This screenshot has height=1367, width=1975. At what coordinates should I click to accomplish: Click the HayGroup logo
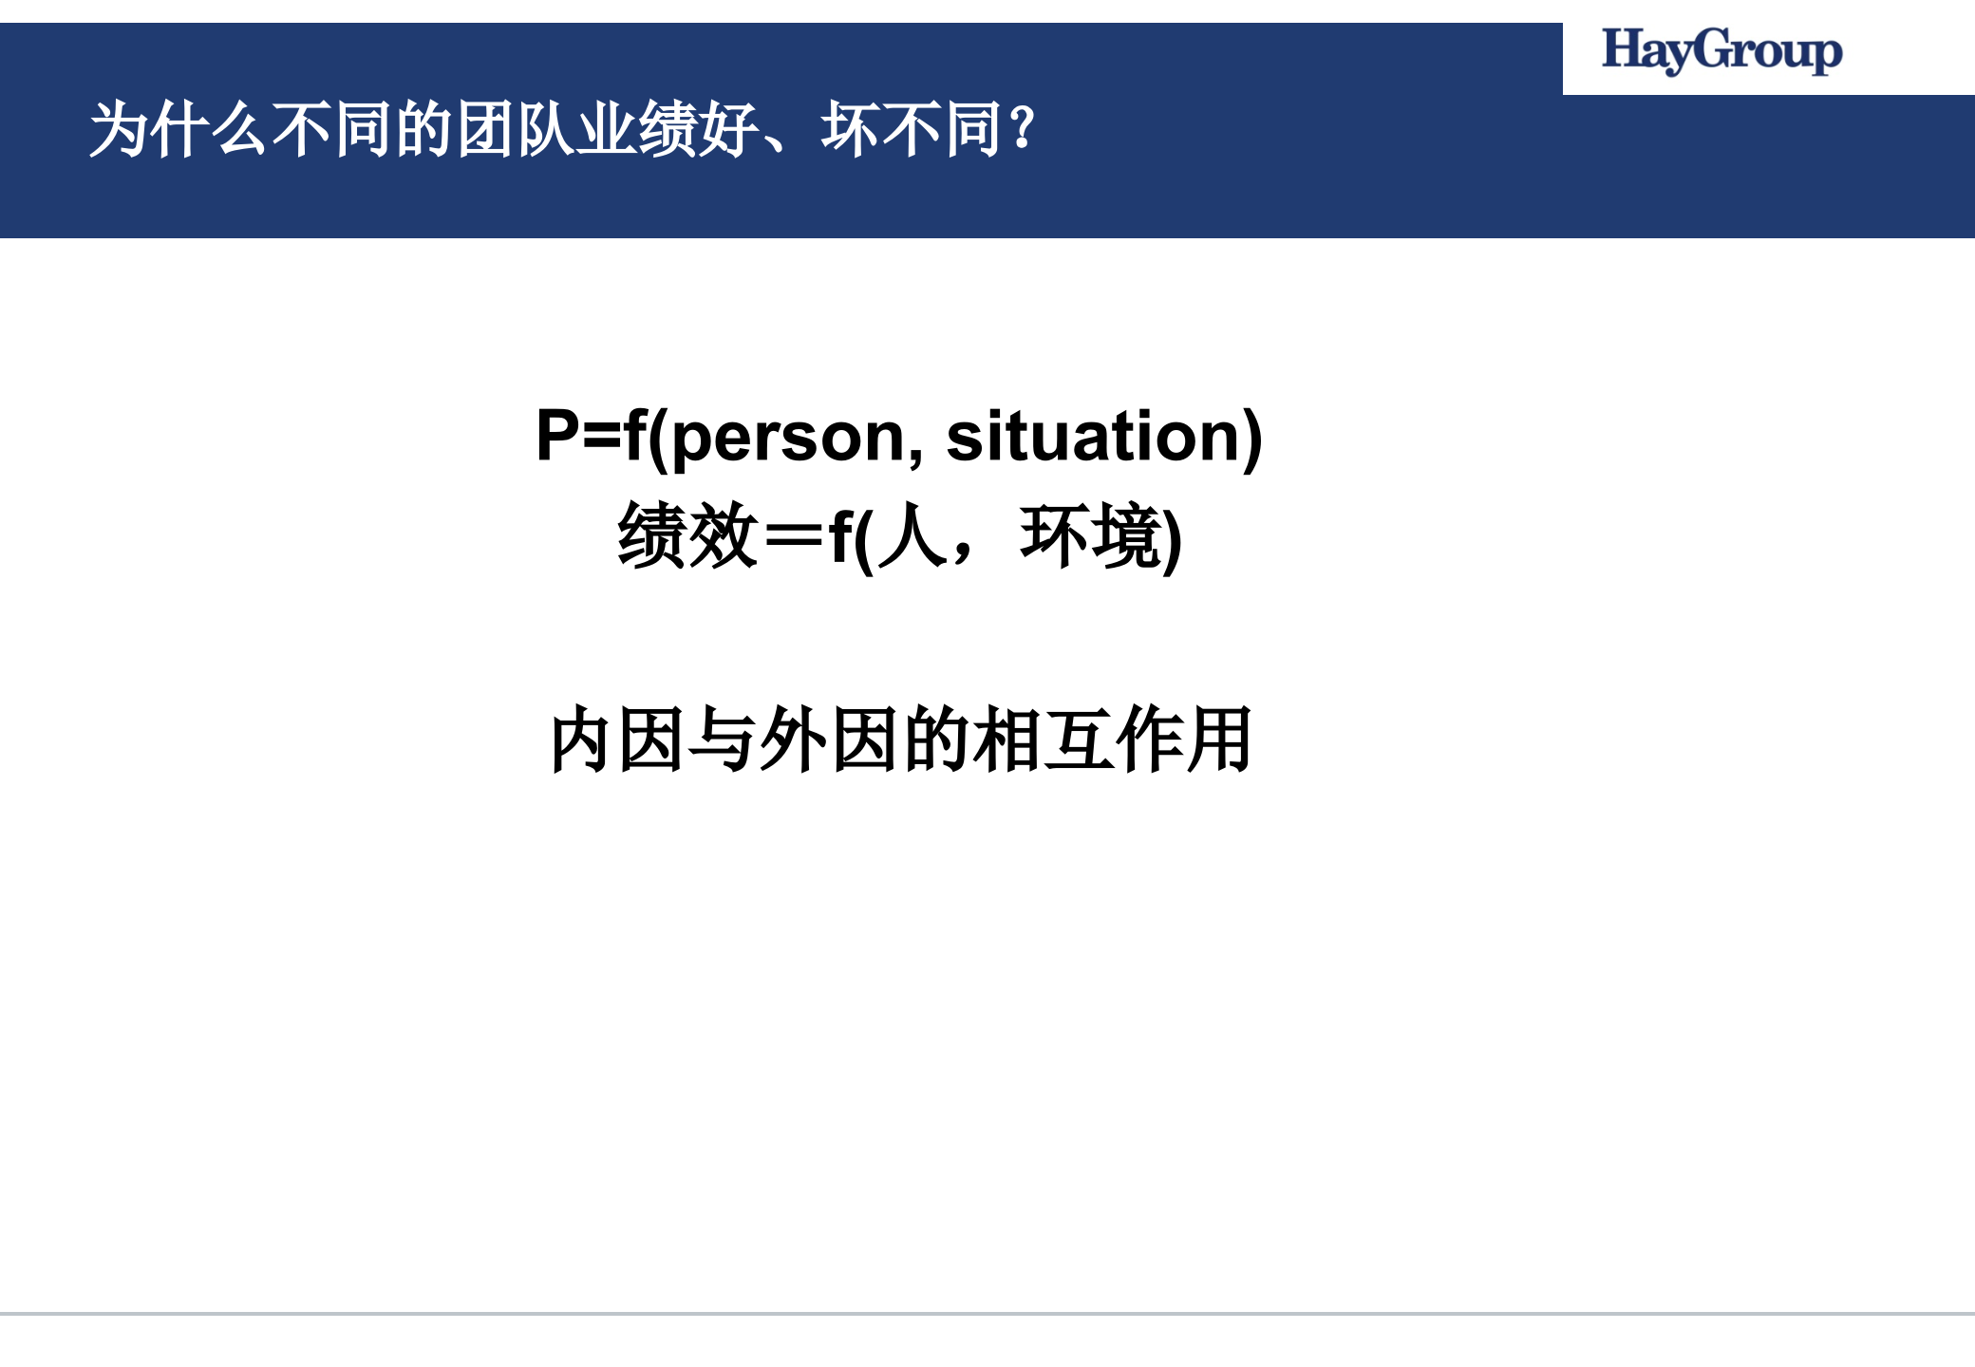tap(1721, 50)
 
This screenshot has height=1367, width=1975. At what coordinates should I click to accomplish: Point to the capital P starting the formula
tap(557, 436)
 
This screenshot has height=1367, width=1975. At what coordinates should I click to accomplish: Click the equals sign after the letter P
tap(602, 438)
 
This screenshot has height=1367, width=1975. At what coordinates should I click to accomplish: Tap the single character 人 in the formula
tap(912, 536)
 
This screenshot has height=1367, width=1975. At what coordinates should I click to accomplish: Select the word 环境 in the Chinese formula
tap(1090, 536)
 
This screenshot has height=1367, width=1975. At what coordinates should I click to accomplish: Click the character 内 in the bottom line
tap(580, 740)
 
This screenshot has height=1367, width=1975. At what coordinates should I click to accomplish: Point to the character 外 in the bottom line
tap(793, 740)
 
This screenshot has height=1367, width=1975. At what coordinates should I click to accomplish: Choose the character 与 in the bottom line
tap(723, 740)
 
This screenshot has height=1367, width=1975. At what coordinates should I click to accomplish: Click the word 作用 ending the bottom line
tap(1184, 740)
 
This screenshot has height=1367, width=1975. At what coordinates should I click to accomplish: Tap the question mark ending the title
tap(1023, 129)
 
